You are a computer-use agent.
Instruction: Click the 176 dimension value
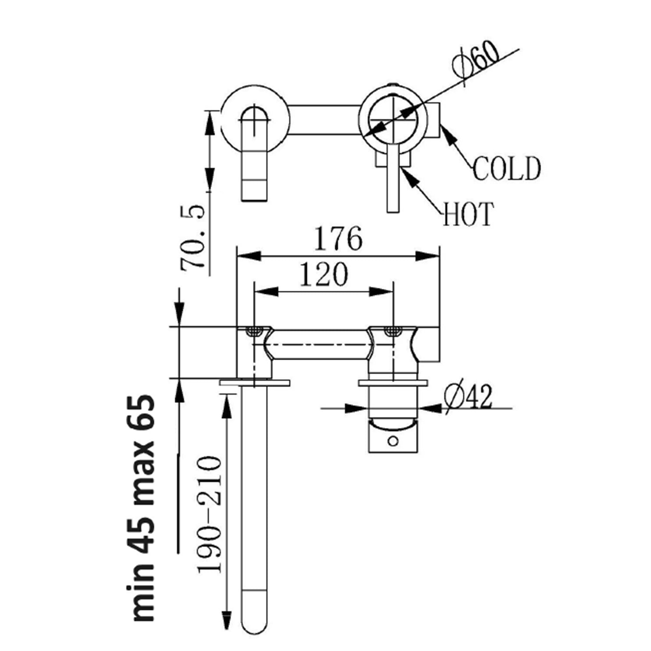click(338, 239)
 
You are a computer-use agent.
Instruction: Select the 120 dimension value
click(324, 275)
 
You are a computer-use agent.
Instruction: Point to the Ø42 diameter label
click(469, 397)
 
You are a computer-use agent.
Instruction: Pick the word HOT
click(468, 214)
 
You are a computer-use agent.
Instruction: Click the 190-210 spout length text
click(210, 515)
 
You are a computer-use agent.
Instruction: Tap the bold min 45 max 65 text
click(143, 508)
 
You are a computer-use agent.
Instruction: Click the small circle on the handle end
click(393, 441)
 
